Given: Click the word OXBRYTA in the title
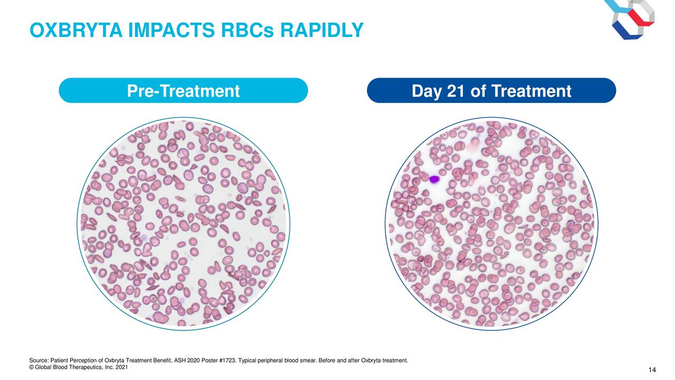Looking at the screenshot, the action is point(76,30).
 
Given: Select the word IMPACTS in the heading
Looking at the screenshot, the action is point(171,30).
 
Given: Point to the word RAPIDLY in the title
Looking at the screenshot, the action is point(322,30).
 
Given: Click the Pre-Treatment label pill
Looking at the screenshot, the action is point(183,90).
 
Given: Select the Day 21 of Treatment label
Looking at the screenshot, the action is point(491,90).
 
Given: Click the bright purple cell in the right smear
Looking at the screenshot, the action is point(434,179).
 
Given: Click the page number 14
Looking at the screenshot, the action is point(652,370).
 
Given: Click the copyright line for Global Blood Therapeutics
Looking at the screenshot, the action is point(79,367).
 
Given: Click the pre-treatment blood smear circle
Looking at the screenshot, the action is point(183,224).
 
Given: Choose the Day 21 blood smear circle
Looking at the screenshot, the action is point(491,224).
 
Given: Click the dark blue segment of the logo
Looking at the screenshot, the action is point(627,31).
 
